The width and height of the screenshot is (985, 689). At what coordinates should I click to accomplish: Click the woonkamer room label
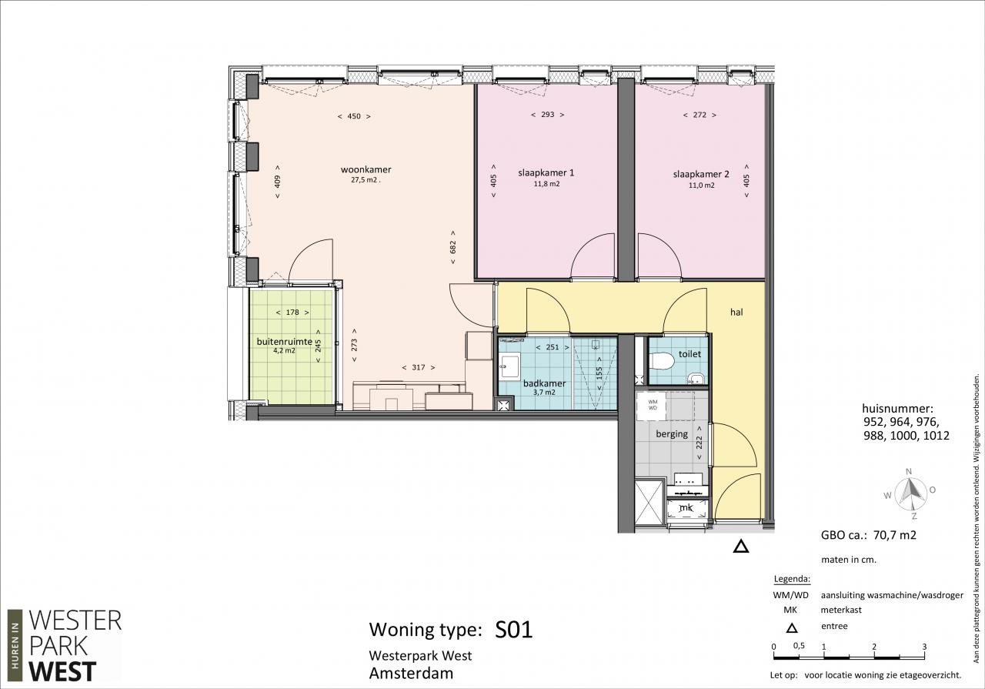coord(366,169)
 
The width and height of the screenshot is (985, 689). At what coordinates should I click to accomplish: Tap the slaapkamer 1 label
coord(546,172)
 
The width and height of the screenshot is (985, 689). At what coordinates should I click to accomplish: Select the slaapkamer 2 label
coord(701,174)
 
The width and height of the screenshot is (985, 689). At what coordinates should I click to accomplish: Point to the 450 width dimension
coord(354,116)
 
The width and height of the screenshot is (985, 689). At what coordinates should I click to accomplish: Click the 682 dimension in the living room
coord(453,247)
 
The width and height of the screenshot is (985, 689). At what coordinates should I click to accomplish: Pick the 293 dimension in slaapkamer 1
coord(547,115)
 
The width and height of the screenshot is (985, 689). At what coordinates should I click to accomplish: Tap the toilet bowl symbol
coord(662,361)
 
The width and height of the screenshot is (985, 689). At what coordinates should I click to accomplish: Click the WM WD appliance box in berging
coord(653,405)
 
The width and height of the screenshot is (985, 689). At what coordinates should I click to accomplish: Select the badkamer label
coord(544,383)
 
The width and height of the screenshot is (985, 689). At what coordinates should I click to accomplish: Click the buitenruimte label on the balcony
coord(285,341)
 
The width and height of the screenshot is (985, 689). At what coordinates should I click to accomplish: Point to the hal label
coord(736,312)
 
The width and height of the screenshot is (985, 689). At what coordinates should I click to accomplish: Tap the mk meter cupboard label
coord(686,508)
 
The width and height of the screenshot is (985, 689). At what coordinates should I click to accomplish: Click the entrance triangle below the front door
coord(741,547)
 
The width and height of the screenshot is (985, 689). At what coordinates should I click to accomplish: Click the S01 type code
coord(513,630)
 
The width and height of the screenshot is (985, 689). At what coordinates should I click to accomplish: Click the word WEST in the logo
coord(62,672)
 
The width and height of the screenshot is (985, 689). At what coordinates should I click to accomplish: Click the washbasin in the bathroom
coord(510,366)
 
